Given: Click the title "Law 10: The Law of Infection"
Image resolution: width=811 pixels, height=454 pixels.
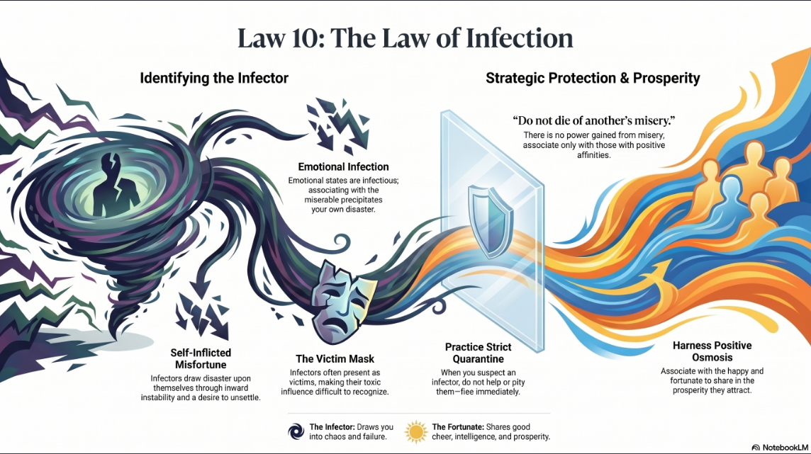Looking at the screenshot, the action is (x=405, y=38).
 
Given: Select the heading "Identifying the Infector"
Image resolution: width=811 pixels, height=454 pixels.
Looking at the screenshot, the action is (x=214, y=78).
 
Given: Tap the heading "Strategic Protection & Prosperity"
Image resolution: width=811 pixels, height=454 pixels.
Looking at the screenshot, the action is (x=593, y=78).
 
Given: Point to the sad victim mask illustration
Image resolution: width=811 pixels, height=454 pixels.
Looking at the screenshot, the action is (x=342, y=302).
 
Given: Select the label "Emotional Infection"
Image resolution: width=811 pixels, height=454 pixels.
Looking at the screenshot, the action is (x=343, y=167).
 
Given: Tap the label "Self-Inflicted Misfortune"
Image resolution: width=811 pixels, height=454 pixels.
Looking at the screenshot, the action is (x=201, y=358).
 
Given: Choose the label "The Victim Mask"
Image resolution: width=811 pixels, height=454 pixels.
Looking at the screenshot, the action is (x=335, y=359).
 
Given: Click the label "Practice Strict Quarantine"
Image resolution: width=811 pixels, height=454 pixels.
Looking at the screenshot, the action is (x=479, y=353).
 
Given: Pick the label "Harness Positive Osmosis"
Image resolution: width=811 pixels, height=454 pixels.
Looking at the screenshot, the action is (x=712, y=351).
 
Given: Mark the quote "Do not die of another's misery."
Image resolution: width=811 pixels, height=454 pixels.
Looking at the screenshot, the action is (x=594, y=120).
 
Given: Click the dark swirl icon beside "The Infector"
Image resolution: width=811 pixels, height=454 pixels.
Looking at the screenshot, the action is (x=296, y=431).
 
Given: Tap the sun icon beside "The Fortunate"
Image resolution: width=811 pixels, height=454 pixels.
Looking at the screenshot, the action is (x=416, y=432).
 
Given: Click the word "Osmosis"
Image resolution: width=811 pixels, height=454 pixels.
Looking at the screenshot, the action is (x=712, y=358).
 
